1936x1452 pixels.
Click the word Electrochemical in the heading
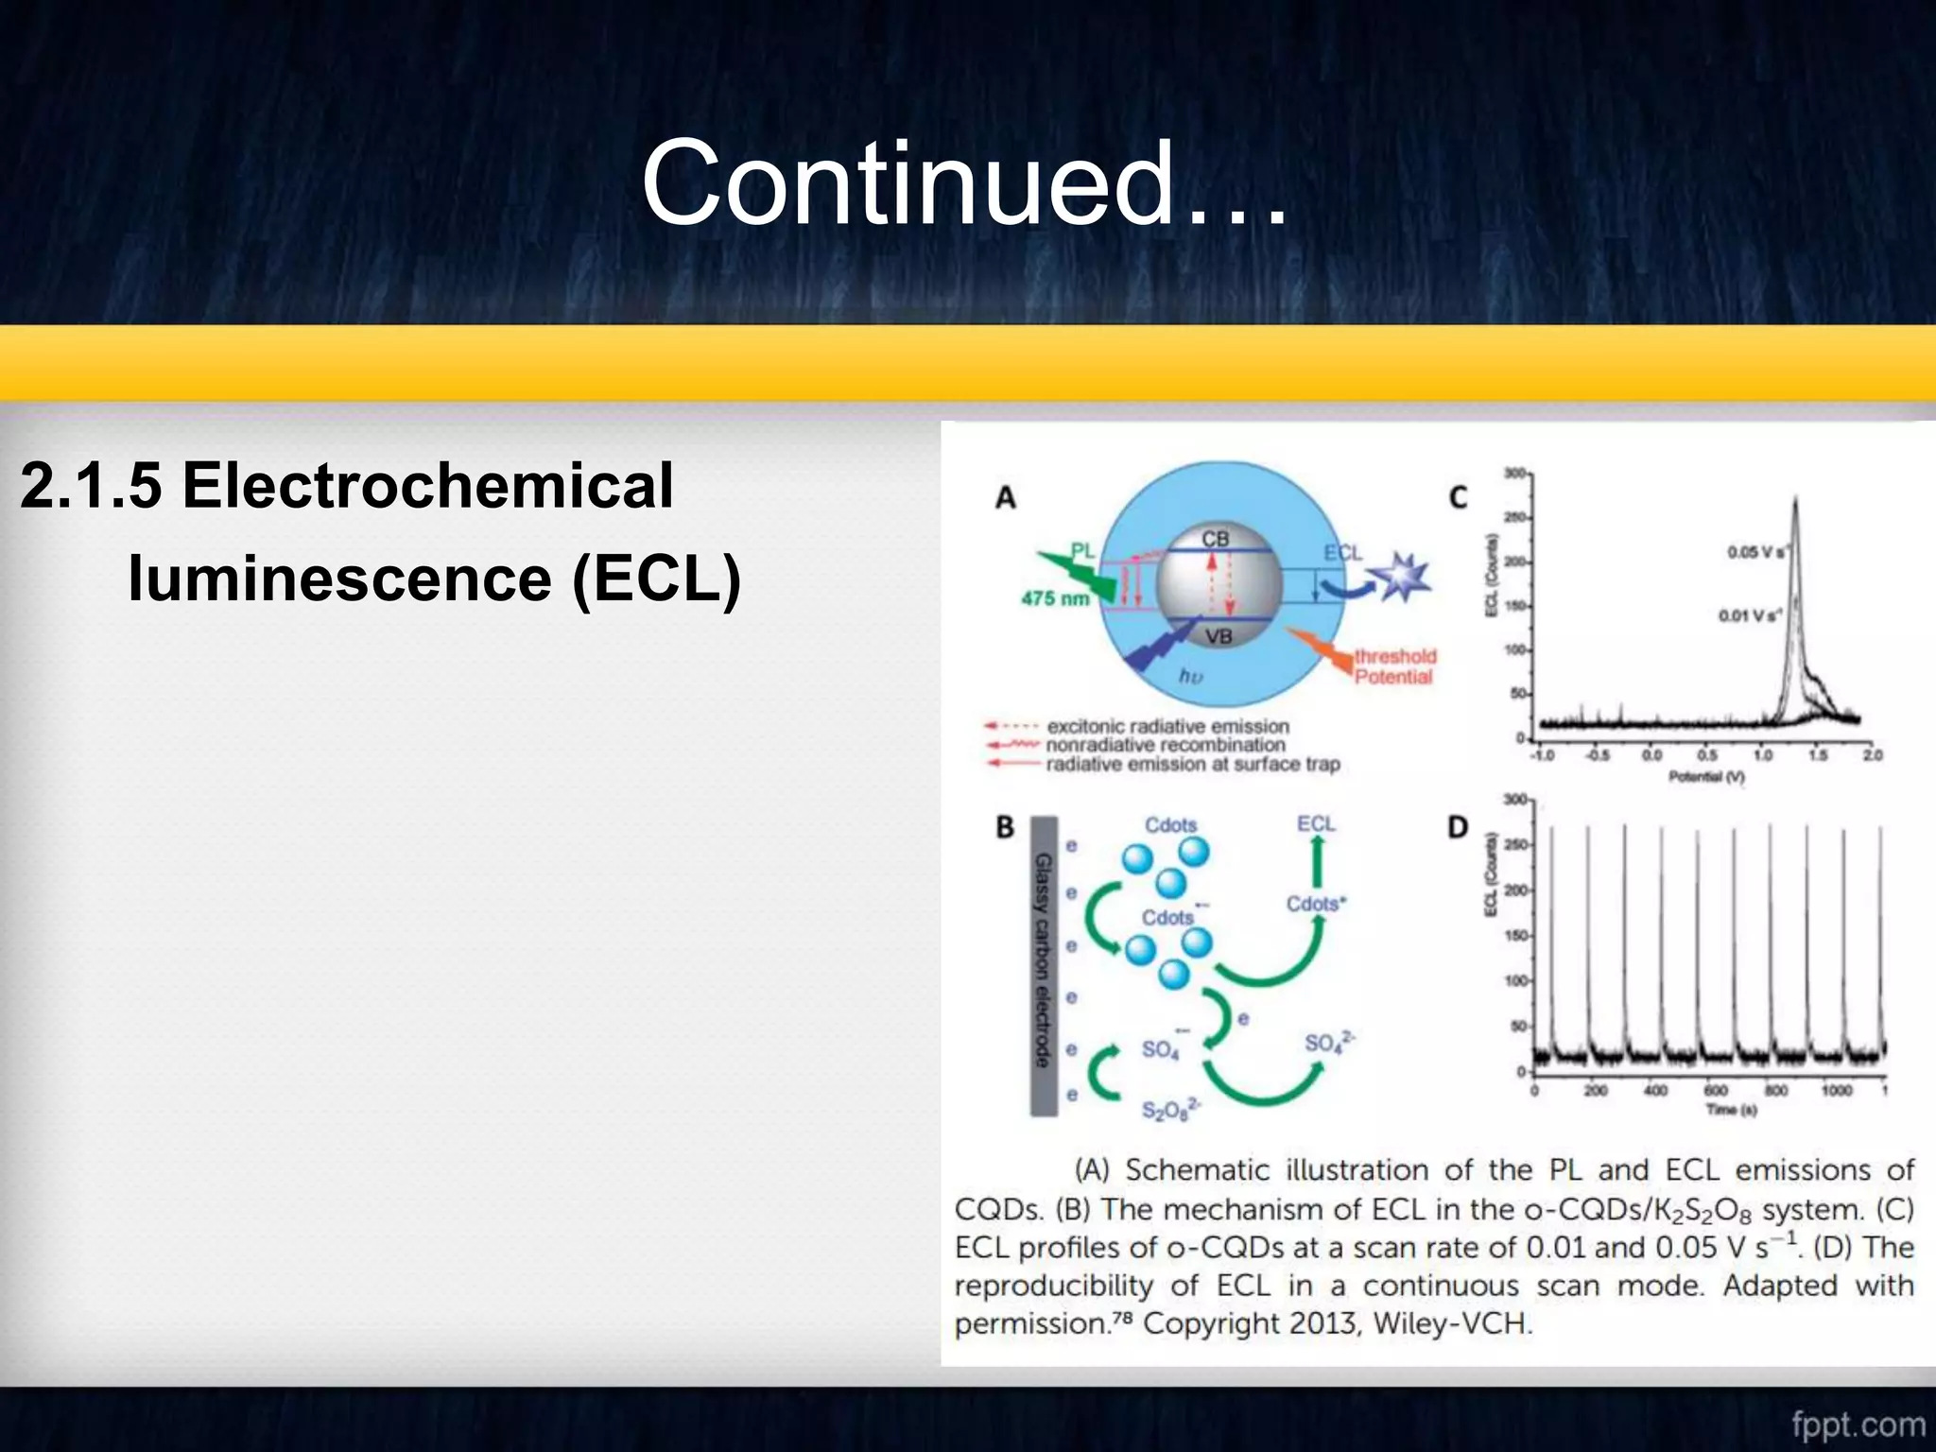pos(427,486)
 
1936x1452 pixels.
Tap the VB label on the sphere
pos(1219,636)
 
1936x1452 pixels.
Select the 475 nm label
pos(1054,598)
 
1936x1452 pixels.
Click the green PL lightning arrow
pos(1078,572)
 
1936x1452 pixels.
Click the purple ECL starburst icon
pos(1401,577)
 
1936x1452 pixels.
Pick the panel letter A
pos(1005,497)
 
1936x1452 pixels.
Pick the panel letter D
pos(1458,828)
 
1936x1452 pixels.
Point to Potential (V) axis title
pos(1706,777)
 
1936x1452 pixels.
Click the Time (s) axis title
pos(1731,1110)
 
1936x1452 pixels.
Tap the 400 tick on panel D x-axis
pos(1655,1091)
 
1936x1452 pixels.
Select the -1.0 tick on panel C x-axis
pos(1542,755)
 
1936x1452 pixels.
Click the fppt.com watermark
pos(1858,1424)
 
